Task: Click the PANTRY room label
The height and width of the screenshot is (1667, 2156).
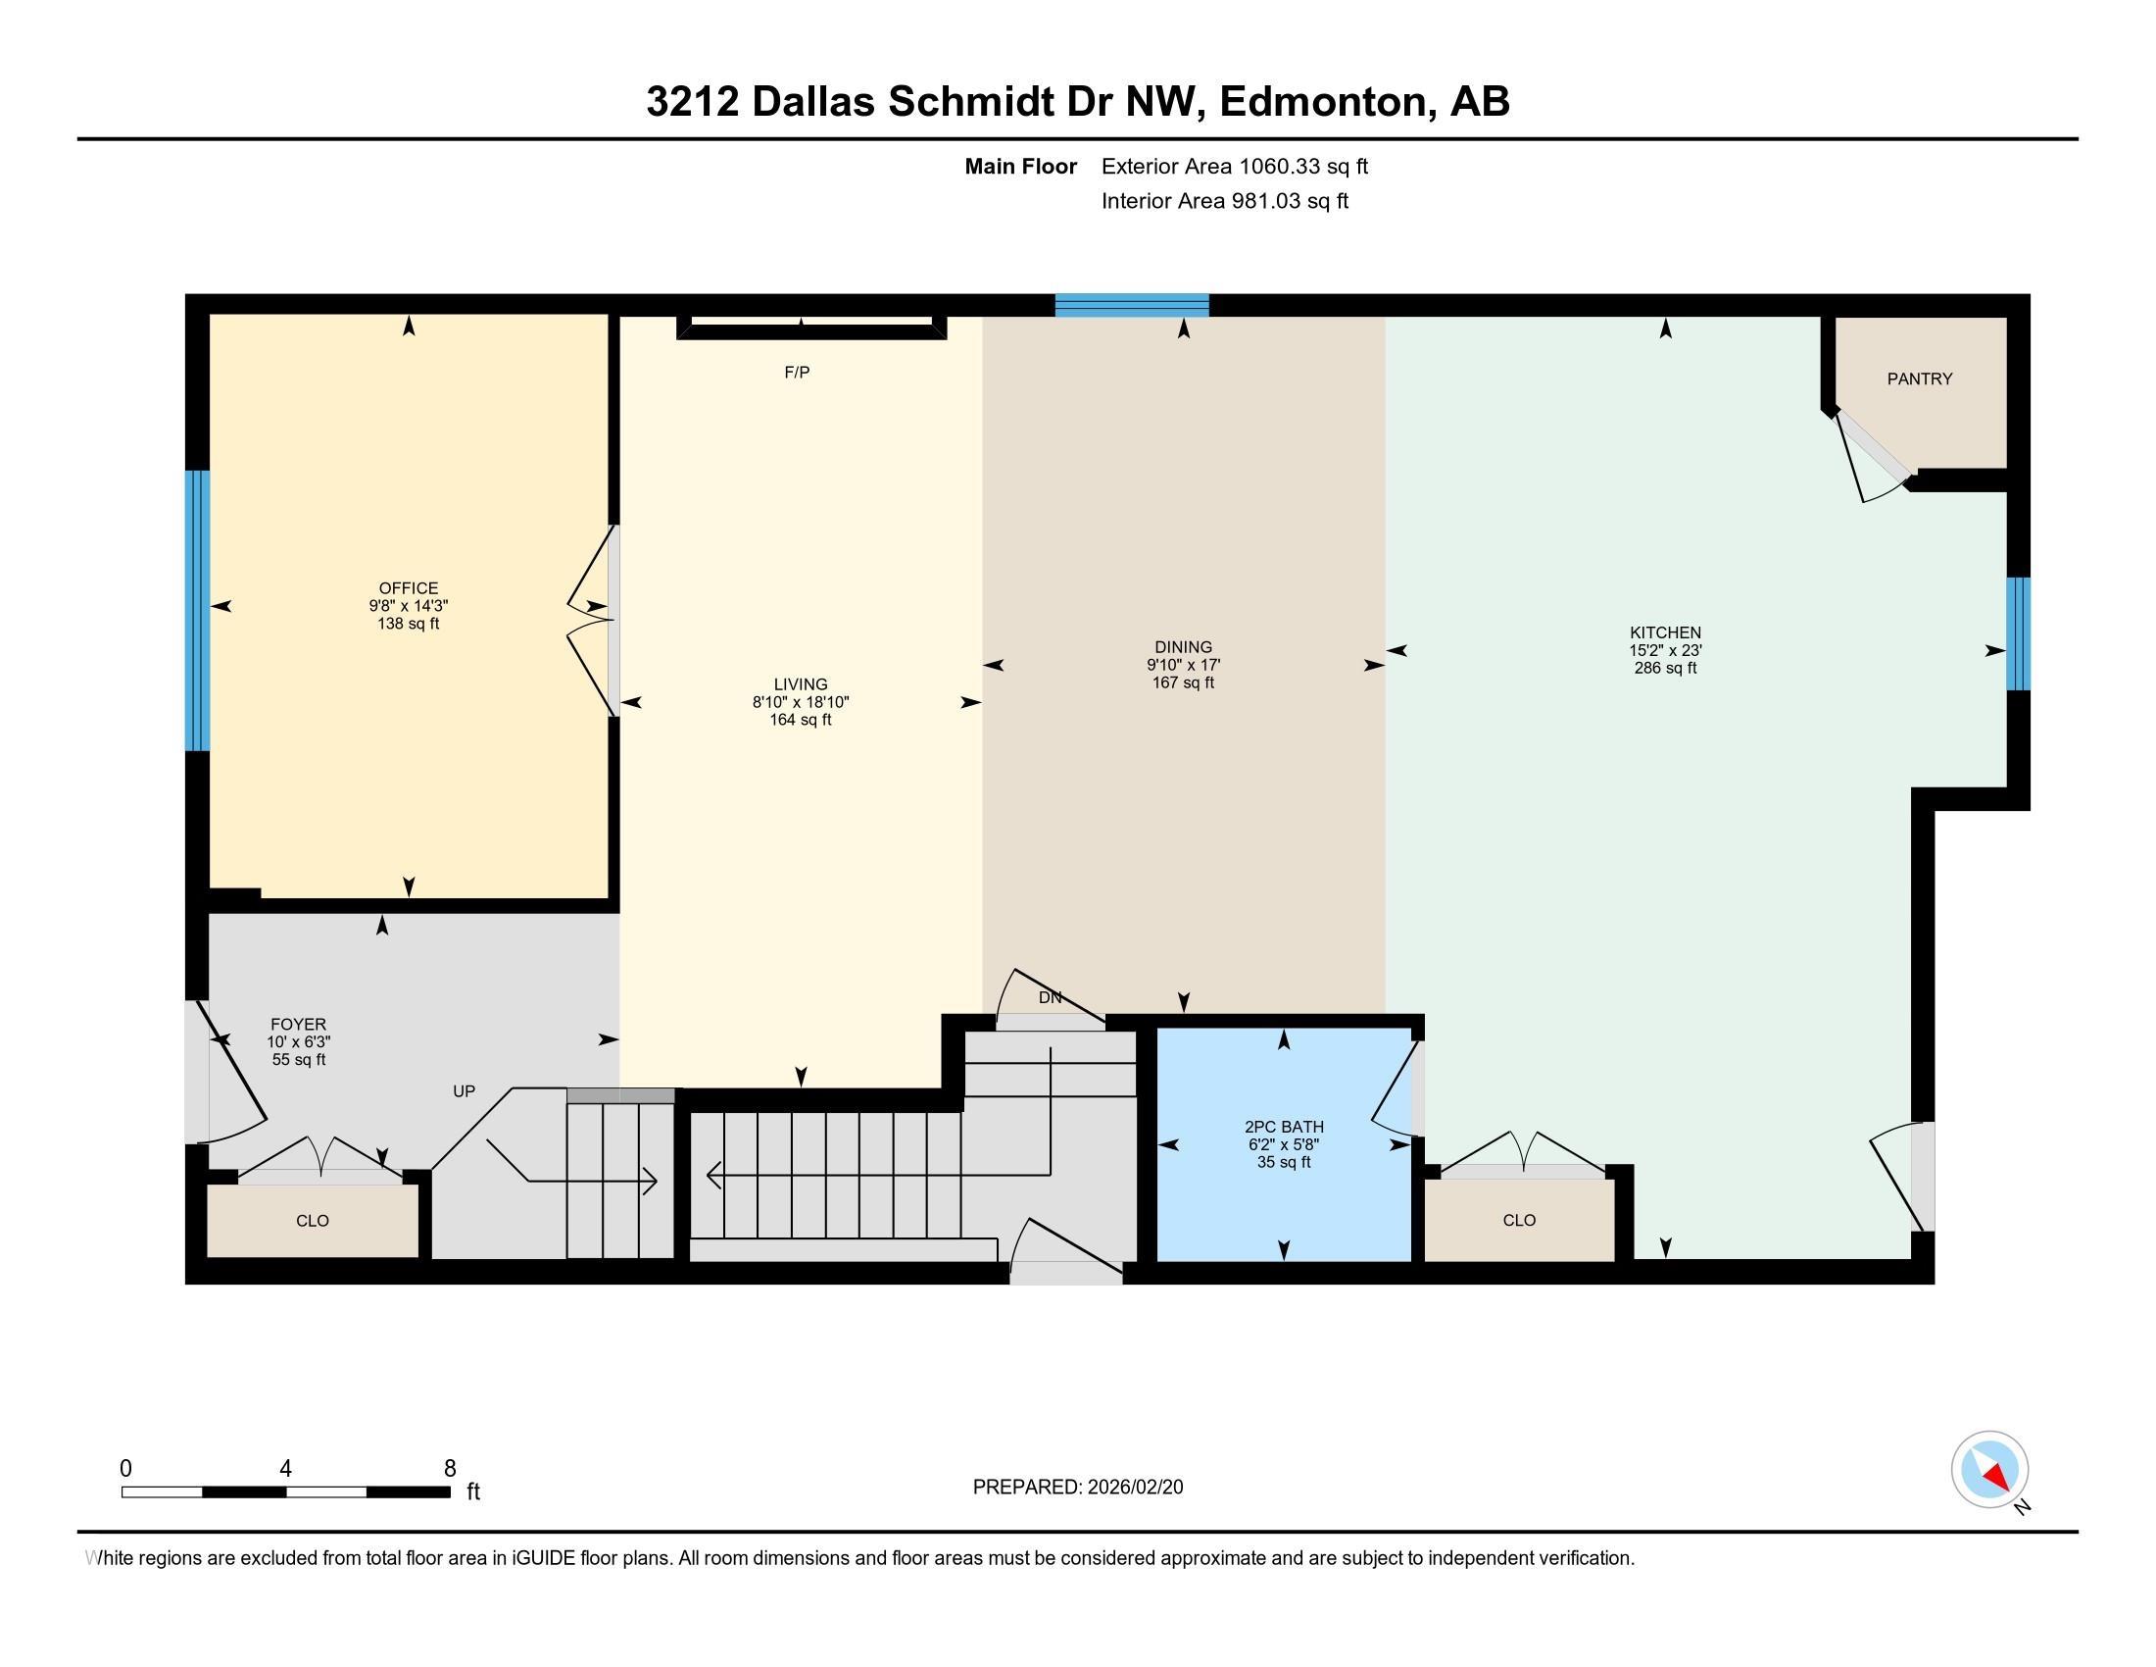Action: point(1919,379)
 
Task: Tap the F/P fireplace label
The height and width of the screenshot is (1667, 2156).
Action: point(797,373)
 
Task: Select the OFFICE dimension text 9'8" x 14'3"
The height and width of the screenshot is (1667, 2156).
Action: point(409,606)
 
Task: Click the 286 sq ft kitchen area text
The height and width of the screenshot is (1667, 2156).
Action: point(1665,668)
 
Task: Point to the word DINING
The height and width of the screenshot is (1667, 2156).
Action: point(1183,648)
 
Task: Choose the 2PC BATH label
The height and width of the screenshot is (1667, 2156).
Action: point(1284,1127)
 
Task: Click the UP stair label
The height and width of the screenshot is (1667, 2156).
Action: point(464,1091)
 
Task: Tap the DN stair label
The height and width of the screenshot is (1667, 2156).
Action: point(1050,997)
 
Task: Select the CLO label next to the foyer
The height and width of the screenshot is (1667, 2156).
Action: point(312,1221)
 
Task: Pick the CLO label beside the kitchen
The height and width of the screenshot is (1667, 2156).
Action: point(1519,1220)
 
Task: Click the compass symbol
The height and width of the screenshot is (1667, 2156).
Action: point(1989,1470)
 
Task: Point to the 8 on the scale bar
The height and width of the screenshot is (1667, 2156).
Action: point(450,1469)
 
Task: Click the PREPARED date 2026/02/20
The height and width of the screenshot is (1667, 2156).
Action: point(1134,1488)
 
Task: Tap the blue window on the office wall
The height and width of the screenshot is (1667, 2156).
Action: point(197,610)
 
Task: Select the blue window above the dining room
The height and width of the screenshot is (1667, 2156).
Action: point(1131,305)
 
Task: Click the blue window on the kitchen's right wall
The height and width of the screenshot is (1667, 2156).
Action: point(2019,633)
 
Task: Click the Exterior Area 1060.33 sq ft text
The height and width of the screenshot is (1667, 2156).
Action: point(1235,167)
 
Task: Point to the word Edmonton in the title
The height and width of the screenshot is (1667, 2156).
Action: point(1327,101)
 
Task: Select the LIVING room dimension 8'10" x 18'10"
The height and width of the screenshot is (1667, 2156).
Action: point(801,702)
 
